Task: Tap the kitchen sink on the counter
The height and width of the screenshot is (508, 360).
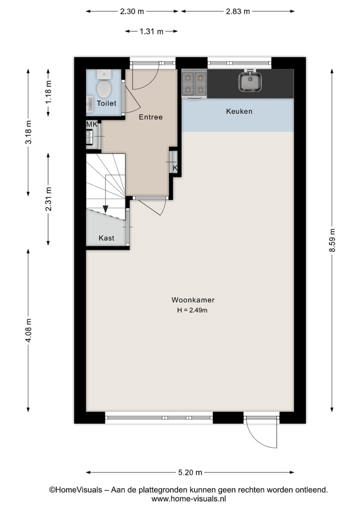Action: tap(250, 81)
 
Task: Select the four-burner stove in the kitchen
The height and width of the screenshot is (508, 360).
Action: tap(194, 83)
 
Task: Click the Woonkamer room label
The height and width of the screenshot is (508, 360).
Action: tap(193, 300)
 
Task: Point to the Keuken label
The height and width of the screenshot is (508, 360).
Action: tap(239, 111)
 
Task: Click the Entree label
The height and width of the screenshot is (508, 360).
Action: tap(150, 117)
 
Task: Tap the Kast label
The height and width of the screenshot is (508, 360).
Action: tap(106, 238)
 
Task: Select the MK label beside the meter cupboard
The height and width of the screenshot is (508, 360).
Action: tap(91, 124)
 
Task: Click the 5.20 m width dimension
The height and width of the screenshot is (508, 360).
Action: tap(190, 473)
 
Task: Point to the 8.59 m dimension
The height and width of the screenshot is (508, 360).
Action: tap(332, 240)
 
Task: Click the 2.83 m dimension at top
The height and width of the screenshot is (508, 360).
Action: tap(237, 11)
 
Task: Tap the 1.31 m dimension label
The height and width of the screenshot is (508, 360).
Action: tap(151, 31)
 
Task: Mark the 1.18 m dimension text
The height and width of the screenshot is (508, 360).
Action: tap(48, 92)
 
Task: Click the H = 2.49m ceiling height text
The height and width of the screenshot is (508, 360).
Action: tap(192, 310)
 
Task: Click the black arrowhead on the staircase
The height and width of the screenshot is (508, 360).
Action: tap(105, 209)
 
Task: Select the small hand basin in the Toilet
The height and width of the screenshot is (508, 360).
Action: tap(90, 104)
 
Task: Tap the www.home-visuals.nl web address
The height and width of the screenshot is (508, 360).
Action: tap(189, 499)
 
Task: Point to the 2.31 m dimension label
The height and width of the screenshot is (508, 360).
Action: tap(48, 199)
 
